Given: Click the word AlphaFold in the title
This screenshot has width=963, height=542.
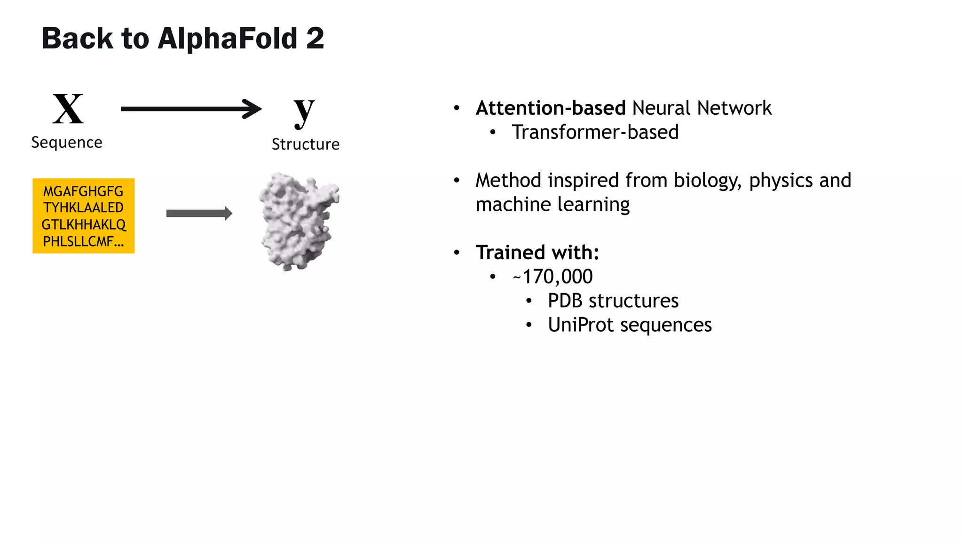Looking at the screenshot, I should [x=228, y=39].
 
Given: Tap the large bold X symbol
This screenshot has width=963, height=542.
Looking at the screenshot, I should [x=68, y=109].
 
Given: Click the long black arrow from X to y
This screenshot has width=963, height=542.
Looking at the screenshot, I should [x=190, y=109].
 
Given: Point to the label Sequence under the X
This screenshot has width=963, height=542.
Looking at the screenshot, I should [x=67, y=143].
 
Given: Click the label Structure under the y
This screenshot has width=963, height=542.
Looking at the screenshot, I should [x=306, y=144].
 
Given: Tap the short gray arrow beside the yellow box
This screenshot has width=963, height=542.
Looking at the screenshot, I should [x=199, y=214].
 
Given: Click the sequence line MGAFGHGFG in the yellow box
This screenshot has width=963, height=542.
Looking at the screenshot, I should [x=83, y=191].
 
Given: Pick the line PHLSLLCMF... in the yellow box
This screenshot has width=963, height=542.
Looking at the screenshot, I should [x=83, y=241].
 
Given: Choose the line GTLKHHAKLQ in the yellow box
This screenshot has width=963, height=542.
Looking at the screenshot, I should [x=83, y=224].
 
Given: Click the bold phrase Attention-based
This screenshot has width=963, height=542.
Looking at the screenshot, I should [x=551, y=108].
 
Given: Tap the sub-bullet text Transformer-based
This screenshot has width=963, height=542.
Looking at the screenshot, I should [x=595, y=132].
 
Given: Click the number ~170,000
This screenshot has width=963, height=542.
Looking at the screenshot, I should [x=553, y=277].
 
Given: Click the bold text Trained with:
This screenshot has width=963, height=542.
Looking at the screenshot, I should [x=537, y=253].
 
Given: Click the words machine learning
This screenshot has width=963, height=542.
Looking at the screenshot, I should [x=553, y=205].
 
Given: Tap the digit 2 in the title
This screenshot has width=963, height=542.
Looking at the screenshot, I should [x=315, y=39].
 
